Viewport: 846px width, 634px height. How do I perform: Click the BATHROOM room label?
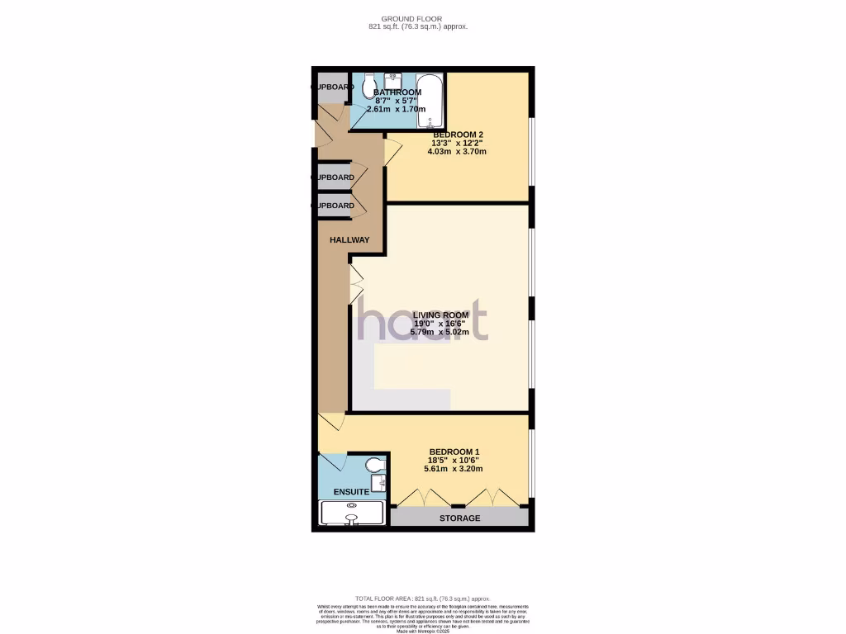pyautogui.click(x=397, y=92)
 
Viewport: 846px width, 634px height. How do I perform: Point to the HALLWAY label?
pyautogui.click(x=349, y=240)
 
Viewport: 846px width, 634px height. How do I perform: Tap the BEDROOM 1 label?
pyautogui.click(x=453, y=451)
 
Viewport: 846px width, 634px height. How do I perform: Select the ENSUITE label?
pyautogui.click(x=351, y=492)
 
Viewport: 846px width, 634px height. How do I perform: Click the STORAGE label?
pyautogui.click(x=459, y=518)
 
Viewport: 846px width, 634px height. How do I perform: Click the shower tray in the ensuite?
pyautogui.click(x=353, y=513)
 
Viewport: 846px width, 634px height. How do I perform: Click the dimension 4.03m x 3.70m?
pyautogui.click(x=457, y=151)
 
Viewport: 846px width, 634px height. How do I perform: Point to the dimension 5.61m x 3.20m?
pyautogui.click(x=453, y=469)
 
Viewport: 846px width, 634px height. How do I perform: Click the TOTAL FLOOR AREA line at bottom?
pyautogui.click(x=423, y=599)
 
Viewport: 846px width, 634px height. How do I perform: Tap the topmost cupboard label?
pyautogui.click(x=331, y=87)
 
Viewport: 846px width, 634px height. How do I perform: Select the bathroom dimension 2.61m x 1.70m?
pyautogui.click(x=396, y=108)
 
